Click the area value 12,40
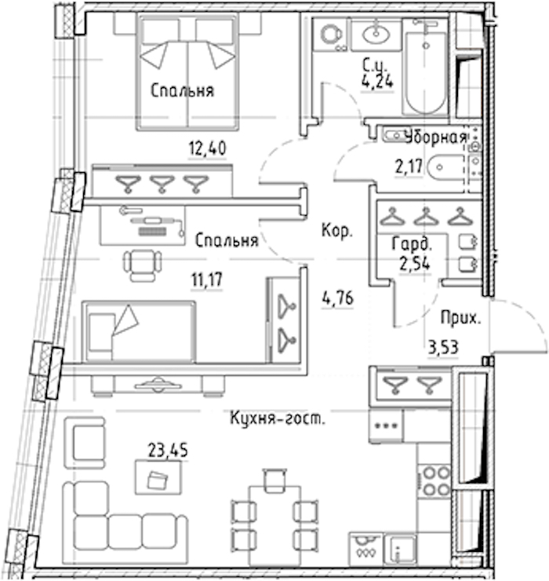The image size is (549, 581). pos(207,148)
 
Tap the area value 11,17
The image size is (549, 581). pos(207,280)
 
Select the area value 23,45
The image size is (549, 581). pos(168,450)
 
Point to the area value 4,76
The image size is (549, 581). pos(337,298)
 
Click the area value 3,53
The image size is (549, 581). pos(443,348)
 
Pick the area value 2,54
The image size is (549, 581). pos(415,264)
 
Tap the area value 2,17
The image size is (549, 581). pos(409,166)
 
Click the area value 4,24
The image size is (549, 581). pos(377,81)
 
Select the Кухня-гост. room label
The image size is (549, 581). pos(278,418)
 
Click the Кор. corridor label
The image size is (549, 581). pos(337,231)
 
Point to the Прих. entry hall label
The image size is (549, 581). pos(461,318)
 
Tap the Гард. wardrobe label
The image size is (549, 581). pos(412,244)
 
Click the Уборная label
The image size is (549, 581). pos(436,137)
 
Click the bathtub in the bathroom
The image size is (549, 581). pos(425,68)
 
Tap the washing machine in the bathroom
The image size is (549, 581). pos(329,35)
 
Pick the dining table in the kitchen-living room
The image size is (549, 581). pos(274,526)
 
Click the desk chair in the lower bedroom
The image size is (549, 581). pos(143,265)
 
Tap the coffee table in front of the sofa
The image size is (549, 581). pos(158,477)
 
